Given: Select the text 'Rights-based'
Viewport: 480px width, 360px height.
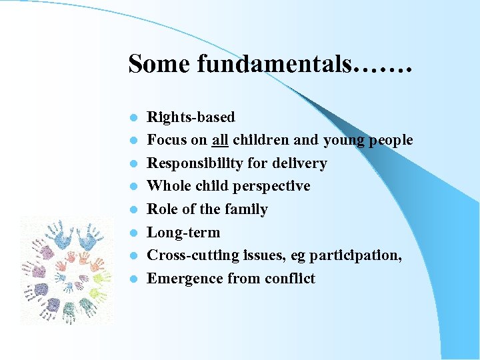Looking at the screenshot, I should click(x=191, y=117).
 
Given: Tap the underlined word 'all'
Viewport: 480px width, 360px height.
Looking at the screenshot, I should click(x=220, y=140).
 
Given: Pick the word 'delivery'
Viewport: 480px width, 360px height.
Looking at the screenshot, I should click(x=300, y=163).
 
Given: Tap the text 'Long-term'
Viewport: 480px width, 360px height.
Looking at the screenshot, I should click(x=183, y=233).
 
